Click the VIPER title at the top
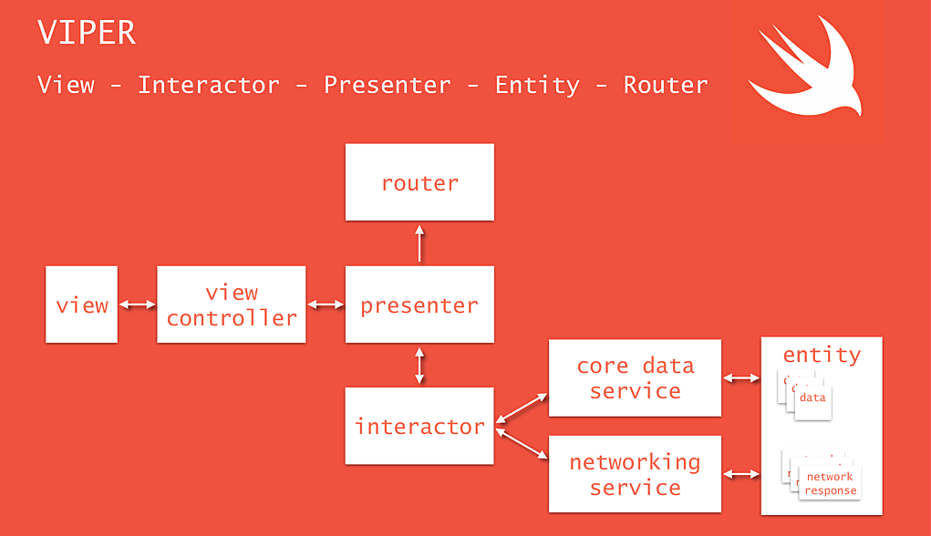click(x=87, y=33)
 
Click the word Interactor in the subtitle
click(x=209, y=85)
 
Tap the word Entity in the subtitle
click(x=537, y=85)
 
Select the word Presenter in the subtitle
click(x=388, y=85)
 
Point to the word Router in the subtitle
click(x=666, y=85)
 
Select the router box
click(x=419, y=182)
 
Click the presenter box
click(x=419, y=304)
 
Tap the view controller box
click(x=232, y=304)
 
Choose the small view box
click(x=82, y=304)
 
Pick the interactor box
click(x=419, y=426)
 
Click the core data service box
click(x=635, y=378)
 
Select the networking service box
click(x=635, y=474)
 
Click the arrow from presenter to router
click(x=419, y=243)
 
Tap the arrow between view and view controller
click(x=138, y=305)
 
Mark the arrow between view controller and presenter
click(x=326, y=305)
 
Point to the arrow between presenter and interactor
click(x=419, y=365)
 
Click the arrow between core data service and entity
click(x=741, y=377)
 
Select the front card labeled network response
click(x=830, y=483)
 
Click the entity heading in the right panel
click(x=822, y=355)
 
